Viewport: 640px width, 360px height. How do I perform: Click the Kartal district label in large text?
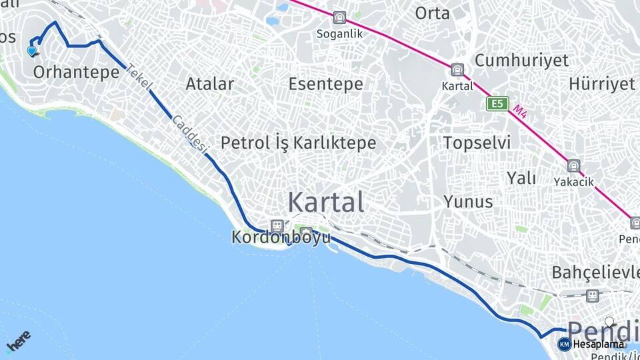coord(326,202)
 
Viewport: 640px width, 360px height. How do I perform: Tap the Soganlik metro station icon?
coord(340,19)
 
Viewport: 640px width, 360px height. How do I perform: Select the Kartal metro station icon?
coord(457,70)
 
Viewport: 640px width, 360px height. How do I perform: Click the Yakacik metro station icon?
coord(573,166)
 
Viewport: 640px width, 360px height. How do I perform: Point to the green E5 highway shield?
coord(497,104)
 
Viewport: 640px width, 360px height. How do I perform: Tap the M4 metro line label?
coord(521,112)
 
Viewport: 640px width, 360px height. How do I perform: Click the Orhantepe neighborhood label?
coord(75,71)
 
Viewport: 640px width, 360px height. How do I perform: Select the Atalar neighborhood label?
coord(210,84)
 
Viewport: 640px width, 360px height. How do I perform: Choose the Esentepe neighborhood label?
coord(326,84)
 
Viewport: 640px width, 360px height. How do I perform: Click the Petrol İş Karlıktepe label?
coord(298,143)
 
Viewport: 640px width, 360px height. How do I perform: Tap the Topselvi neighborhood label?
coord(477,143)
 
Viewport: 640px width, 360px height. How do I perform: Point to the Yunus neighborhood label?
coord(469,201)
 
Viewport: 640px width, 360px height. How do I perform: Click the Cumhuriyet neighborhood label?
coord(521,60)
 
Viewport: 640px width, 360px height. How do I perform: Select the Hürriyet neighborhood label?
coord(602,84)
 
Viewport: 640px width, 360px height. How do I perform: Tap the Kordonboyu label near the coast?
coord(281,237)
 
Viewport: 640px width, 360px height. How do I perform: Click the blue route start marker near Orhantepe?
coord(32,51)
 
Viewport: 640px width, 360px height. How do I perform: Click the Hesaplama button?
coord(591,344)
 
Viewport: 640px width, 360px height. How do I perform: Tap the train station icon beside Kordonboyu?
coord(277,226)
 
